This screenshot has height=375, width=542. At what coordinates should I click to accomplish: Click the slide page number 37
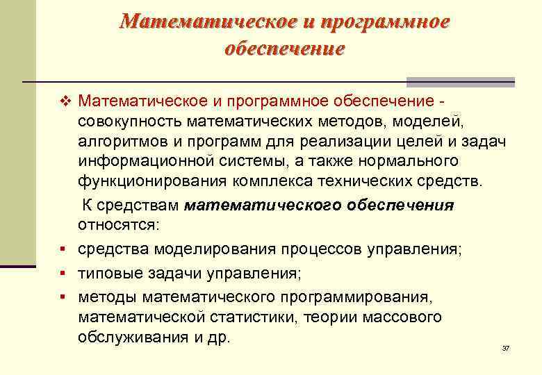506,347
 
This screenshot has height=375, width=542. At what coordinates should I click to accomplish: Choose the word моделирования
218,249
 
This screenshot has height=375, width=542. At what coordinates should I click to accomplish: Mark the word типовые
106,273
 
